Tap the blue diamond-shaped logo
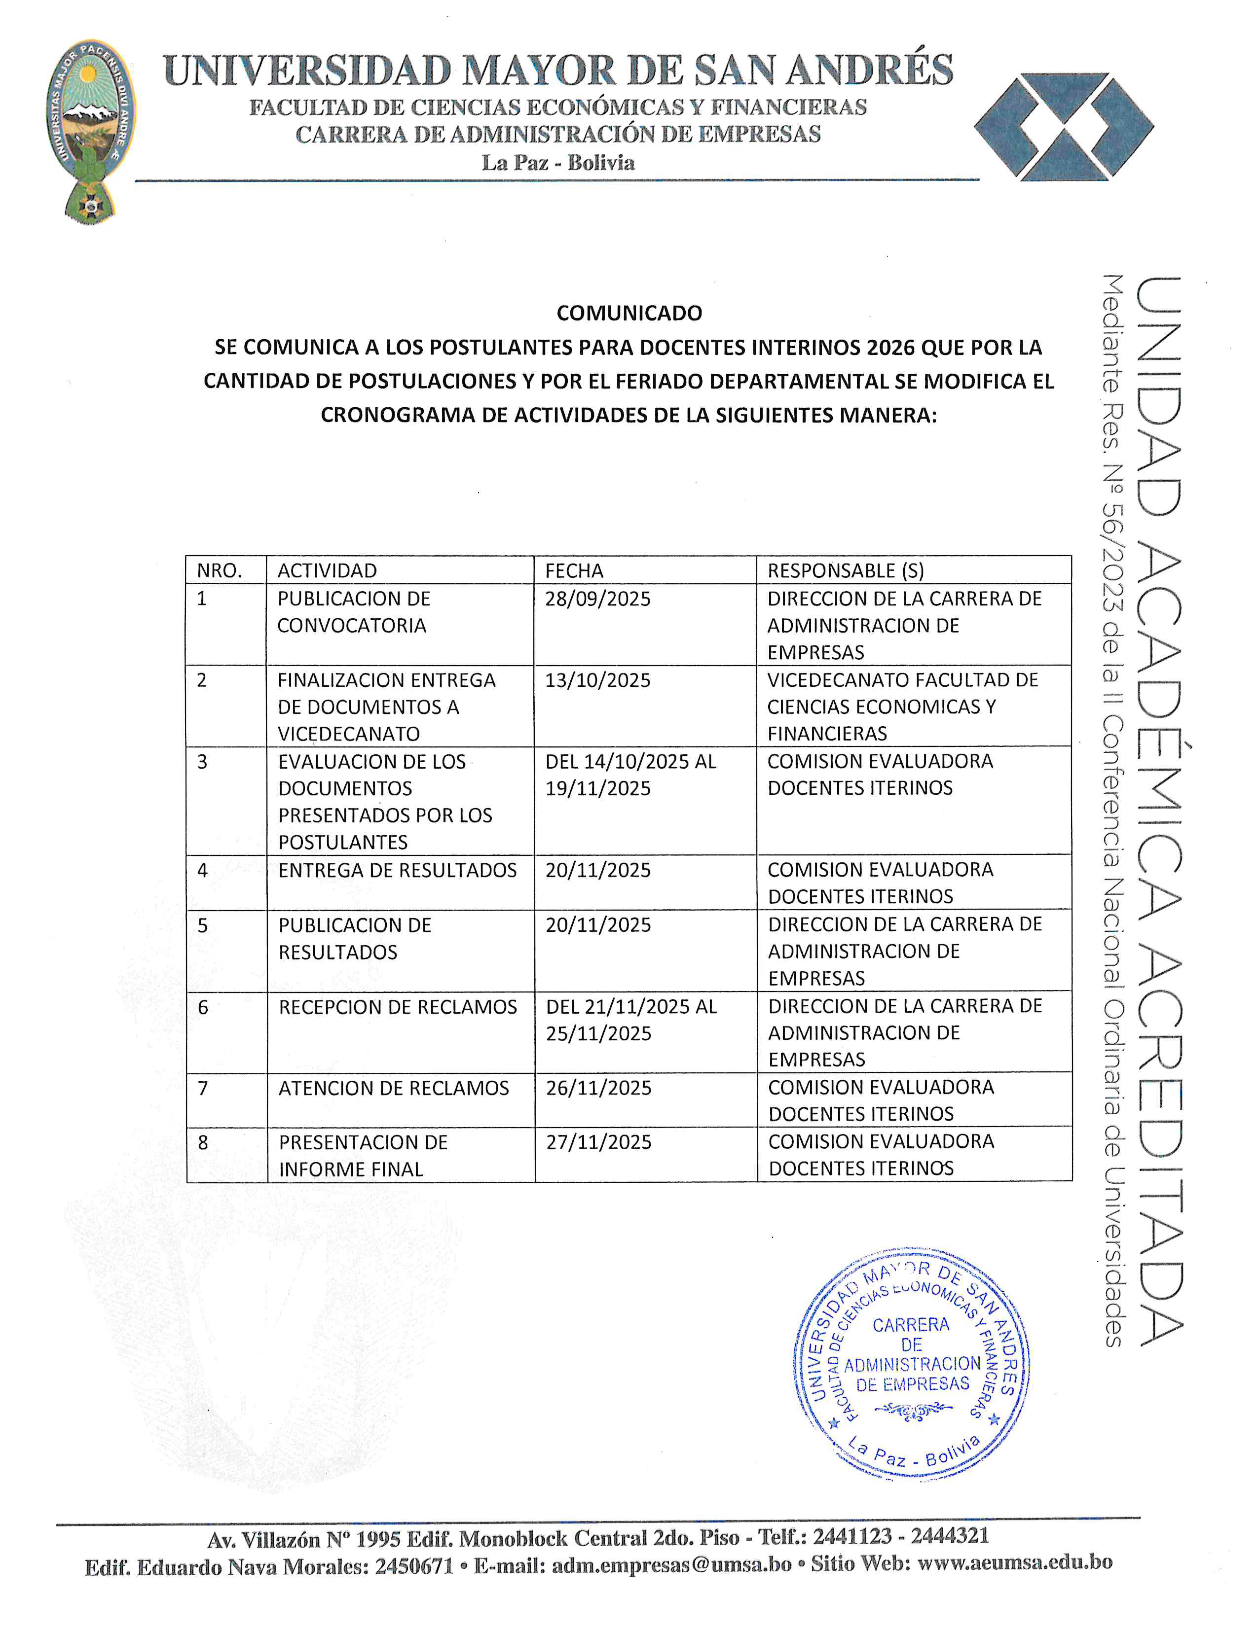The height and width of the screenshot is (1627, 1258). coord(1064,127)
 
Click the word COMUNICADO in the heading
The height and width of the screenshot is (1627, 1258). coord(629,313)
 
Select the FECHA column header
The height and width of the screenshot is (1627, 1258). coord(574,570)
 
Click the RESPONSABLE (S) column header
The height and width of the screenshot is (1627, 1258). coord(845,570)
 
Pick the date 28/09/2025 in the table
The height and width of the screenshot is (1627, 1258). coord(598,599)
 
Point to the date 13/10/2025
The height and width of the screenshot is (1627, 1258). coord(598,680)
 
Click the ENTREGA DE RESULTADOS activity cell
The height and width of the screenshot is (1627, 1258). coord(397,870)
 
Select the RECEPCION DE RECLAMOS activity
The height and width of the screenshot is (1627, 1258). coord(397,1007)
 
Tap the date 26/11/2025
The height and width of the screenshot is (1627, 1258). coord(598,1089)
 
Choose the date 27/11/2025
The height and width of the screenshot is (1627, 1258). coord(598,1143)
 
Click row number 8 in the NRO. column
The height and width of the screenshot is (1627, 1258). coord(203,1143)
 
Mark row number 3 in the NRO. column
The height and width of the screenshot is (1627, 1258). coord(202,762)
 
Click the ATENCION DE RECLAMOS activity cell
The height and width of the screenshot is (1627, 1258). coord(394,1089)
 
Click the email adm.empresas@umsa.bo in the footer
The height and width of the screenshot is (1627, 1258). coord(671,1564)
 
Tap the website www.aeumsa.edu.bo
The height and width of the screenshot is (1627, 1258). coord(1014,1562)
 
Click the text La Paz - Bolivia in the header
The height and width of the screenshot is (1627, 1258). coord(557,162)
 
